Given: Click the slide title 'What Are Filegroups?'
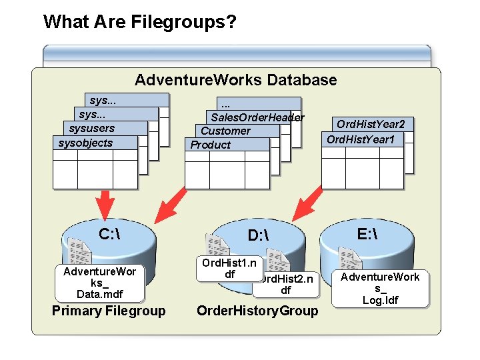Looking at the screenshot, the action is tap(139, 22).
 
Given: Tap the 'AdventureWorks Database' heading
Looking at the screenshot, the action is tap(235, 81).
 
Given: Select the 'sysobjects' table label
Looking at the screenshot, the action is tap(86, 143).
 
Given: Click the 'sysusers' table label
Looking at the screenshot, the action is tap(92, 129).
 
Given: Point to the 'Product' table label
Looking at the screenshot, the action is tap(211, 145).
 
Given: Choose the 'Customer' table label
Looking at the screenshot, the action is tap(225, 131).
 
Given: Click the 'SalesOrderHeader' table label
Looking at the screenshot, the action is tap(257, 117).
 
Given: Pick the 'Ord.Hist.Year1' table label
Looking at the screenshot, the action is tap(361, 139).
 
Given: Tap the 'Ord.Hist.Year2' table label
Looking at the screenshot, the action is tap(371, 124).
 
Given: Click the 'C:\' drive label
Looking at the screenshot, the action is tap(109, 234).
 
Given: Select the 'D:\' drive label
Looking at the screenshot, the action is tap(257, 235).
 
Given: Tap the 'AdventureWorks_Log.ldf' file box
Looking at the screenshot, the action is tap(381, 288).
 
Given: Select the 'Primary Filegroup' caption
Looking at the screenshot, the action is tap(109, 311).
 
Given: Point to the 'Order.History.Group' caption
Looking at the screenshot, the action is tap(257, 311).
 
